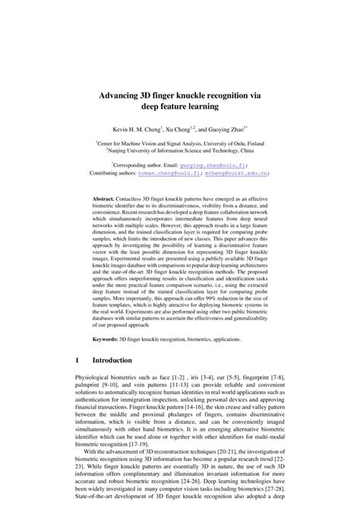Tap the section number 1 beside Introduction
(x=77, y=359)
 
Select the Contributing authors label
(x=114, y=172)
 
